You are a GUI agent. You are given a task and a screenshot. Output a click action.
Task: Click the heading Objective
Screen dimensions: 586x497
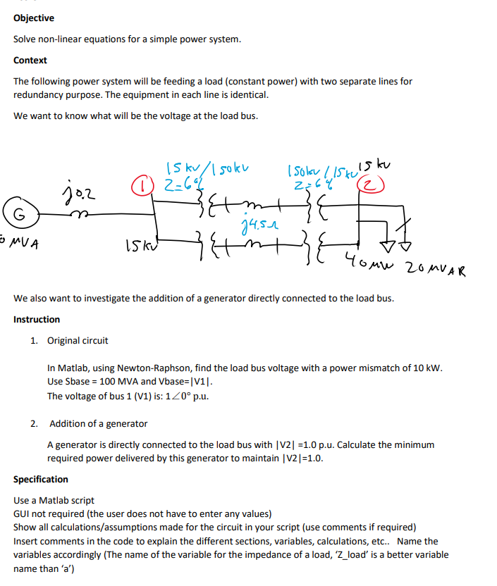point(34,18)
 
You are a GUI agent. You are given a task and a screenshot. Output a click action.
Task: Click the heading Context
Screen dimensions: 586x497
point(30,61)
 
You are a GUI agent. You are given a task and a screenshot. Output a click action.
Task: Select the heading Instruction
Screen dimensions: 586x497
point(37,319)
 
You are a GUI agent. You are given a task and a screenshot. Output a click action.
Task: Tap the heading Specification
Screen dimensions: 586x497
point(41,479)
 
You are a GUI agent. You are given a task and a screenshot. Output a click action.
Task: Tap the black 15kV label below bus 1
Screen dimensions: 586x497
point(136,247)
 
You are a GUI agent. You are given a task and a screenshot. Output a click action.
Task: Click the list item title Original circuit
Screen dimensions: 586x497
point(78,341)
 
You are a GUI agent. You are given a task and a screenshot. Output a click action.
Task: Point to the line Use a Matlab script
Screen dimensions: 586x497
point(54,500)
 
